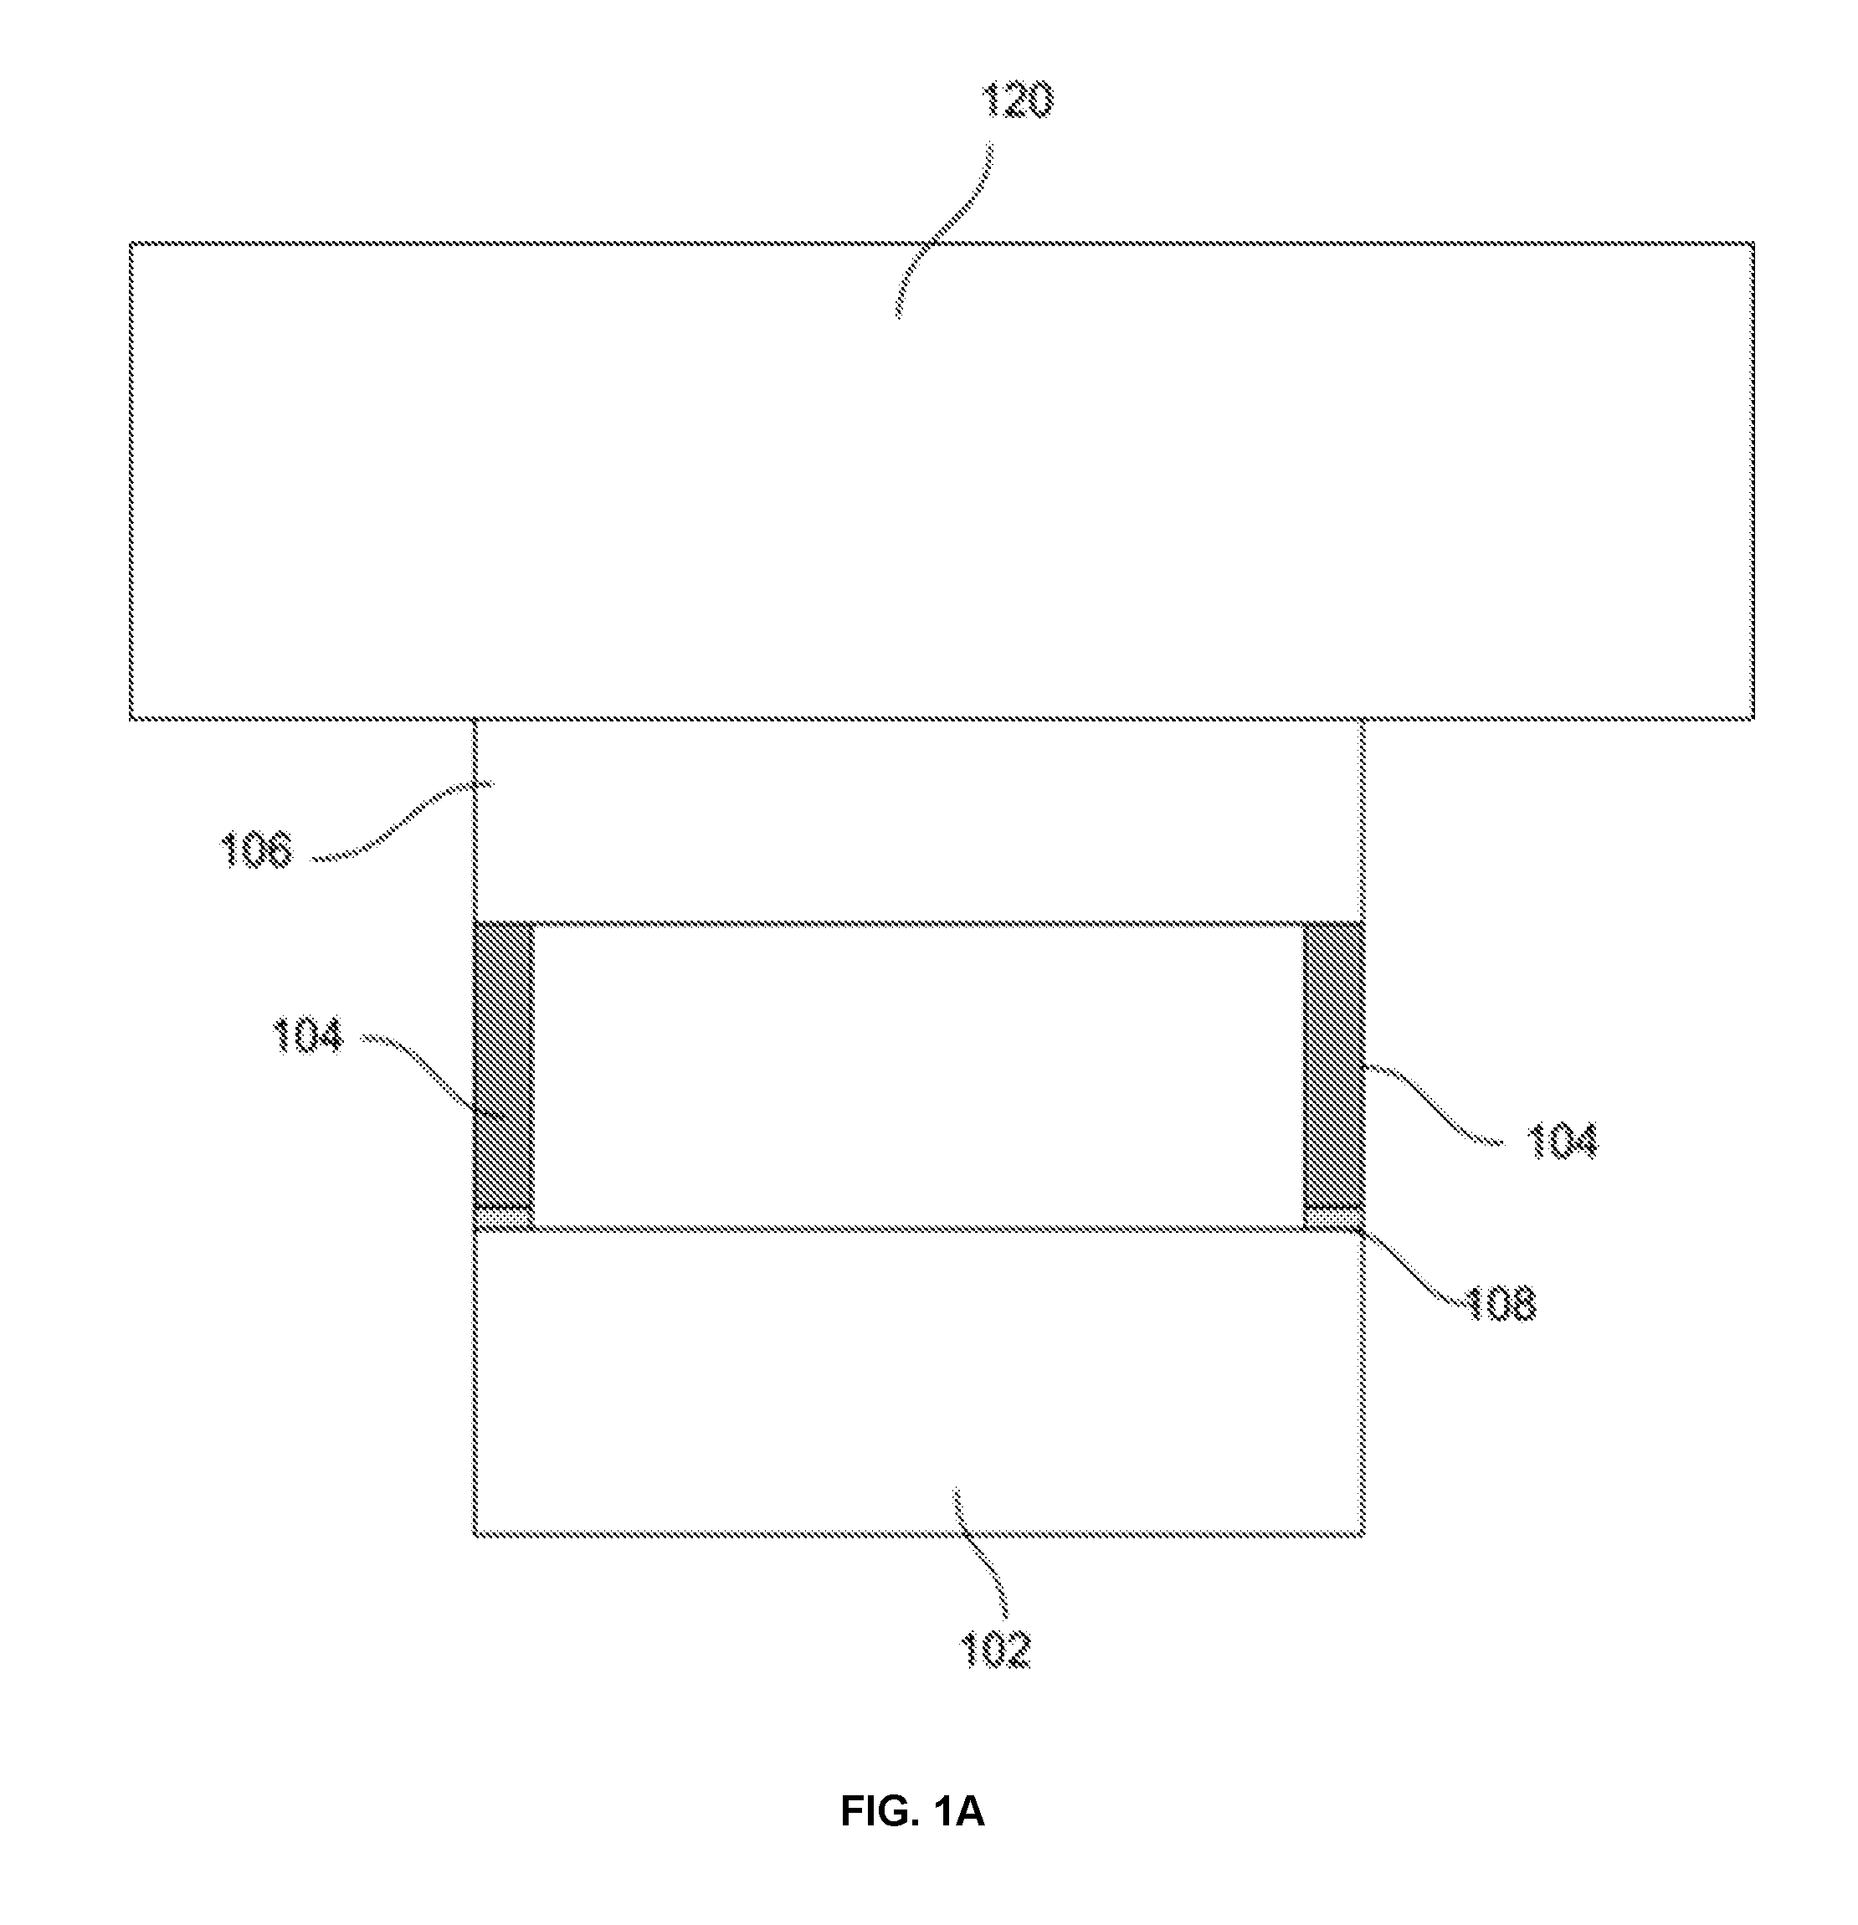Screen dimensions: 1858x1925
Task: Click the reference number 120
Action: pyautogui.click(x=1018, y=100)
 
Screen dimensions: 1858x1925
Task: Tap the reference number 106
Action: pyautogui.click(x=255, y=850)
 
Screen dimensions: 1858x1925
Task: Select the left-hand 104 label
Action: pyautogui.click(x=307, y=1035)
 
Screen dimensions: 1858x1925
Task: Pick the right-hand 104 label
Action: pyautogui.click(x=1562, y=1142)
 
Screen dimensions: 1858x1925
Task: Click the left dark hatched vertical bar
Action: pyautogui.click(x=505, y=1065)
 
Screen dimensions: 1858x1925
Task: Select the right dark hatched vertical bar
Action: pyautogui.click(x=1333, y=1065)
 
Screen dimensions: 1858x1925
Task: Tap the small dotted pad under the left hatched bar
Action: pyautogui.click(x=505, y=1219)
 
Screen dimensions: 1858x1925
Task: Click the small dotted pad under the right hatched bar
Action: pyautogui.click(x=1333, y=1219)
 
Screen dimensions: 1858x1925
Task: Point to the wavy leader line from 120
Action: pyautogui.click(x=941, y=232)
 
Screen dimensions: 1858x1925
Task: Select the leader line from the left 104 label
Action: pyautogui.click(x=432, y=1070)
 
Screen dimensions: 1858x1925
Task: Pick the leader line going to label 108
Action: pyautogui.click(x=1409, y=1267)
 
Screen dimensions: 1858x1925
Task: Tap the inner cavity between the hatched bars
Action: pyautogui.click(x=919, y=1076)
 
